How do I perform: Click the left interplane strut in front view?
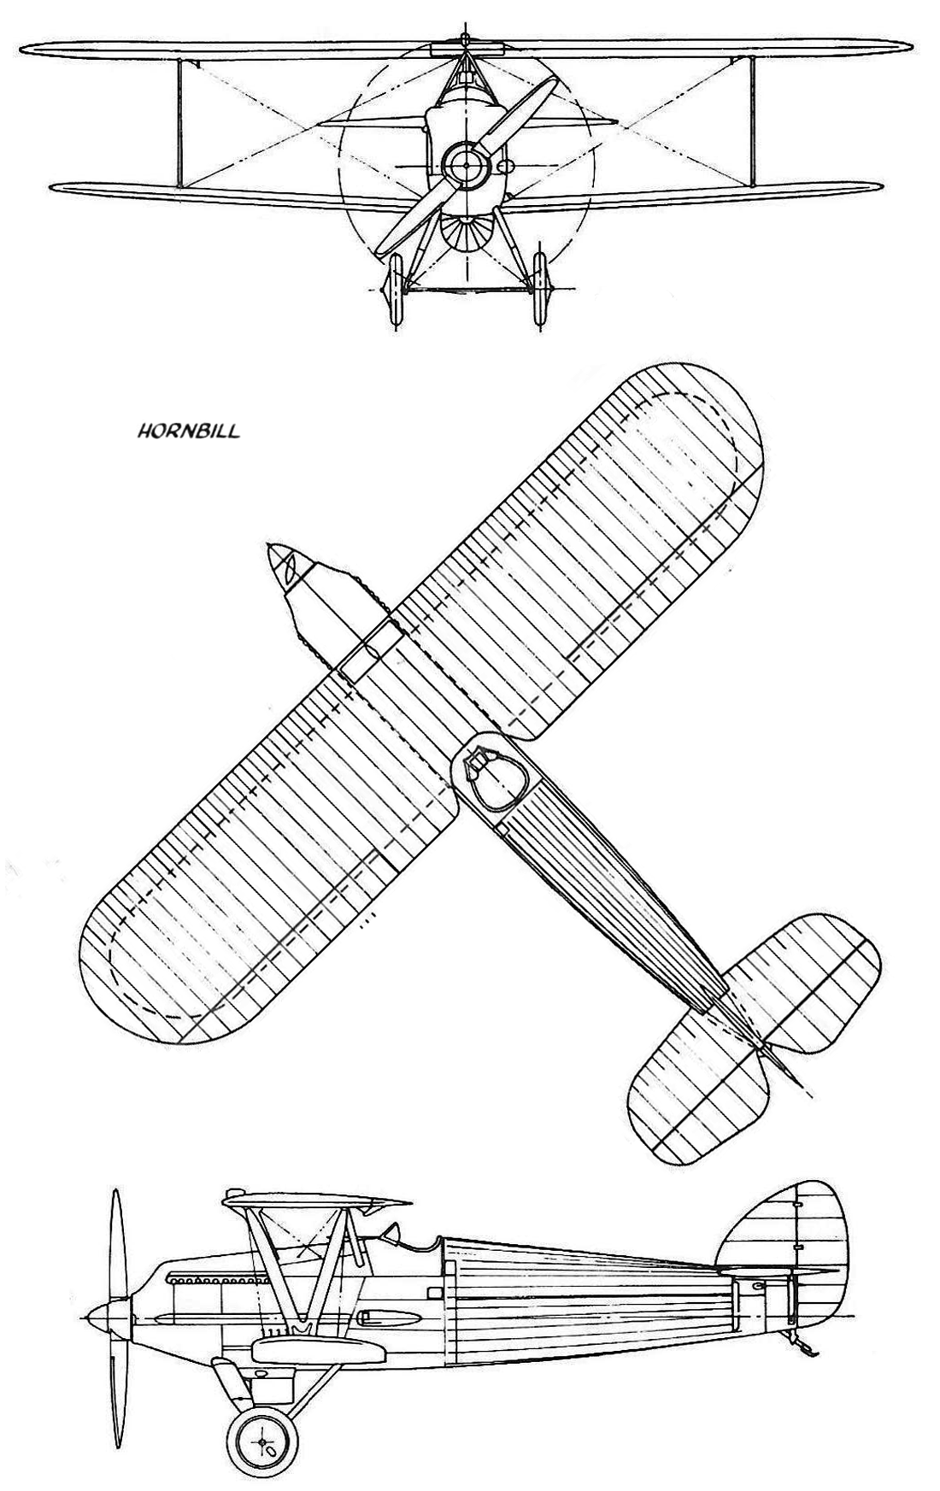[x=180, y=121]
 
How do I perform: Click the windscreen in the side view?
[x=392, y=1236]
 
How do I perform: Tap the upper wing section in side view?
[x=315, y=1201]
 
